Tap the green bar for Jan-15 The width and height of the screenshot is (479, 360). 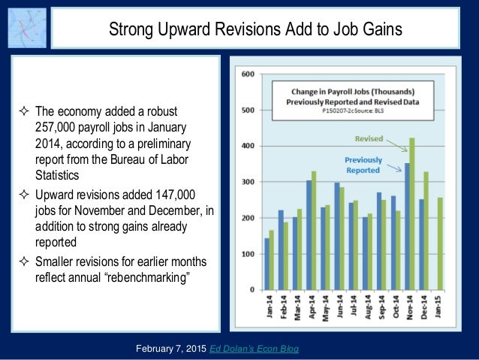440,244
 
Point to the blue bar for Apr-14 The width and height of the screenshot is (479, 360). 309,235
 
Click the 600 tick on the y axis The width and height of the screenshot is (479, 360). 247,74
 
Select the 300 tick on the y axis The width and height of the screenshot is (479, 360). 247,183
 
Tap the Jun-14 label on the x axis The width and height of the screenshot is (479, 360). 339,309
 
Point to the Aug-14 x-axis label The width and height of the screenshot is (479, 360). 367,309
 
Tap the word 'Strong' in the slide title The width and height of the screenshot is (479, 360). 134,29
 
